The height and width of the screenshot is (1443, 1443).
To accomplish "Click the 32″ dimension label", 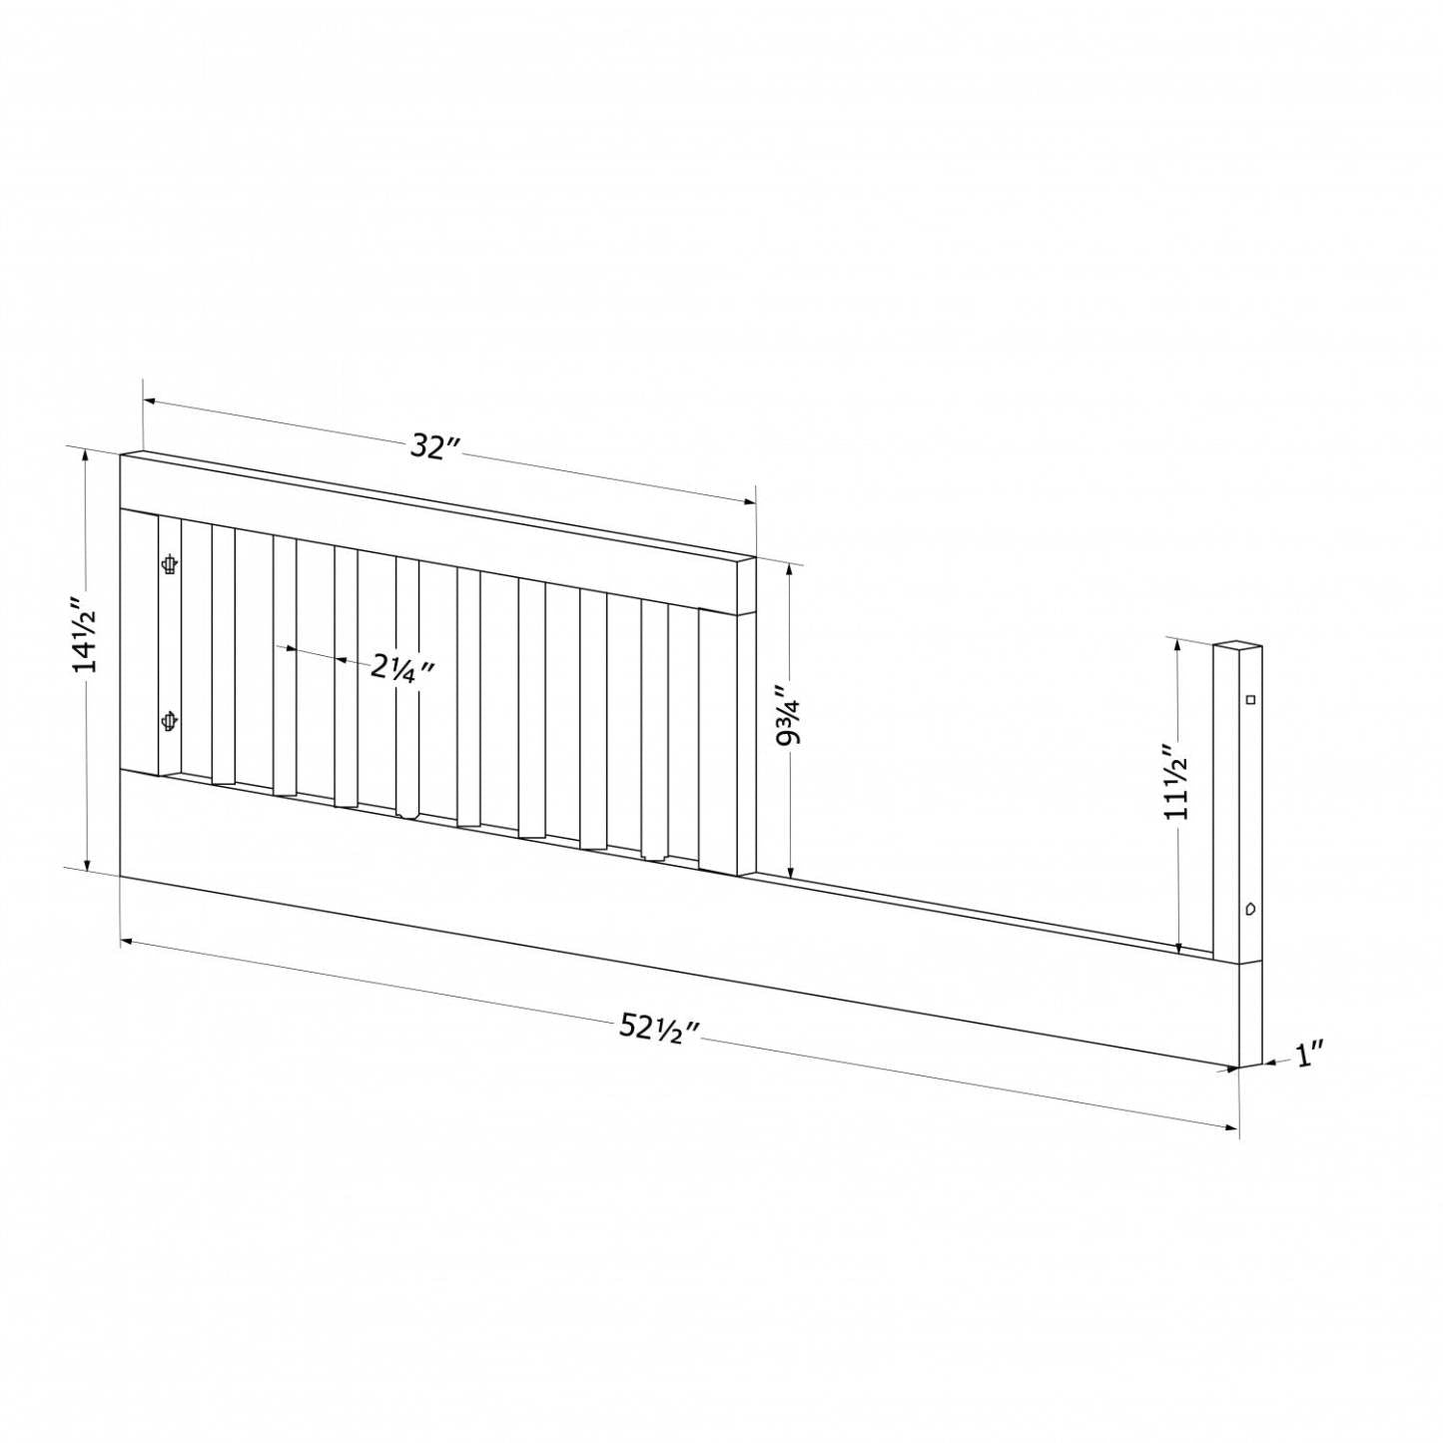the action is [438, 447].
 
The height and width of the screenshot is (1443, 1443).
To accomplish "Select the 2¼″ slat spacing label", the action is [402, 666].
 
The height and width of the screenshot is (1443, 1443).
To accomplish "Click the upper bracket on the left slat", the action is [170, 564].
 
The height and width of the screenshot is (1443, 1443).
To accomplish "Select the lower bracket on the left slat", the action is [170, 721].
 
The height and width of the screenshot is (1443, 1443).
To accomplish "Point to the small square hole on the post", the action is [1249, 700].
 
